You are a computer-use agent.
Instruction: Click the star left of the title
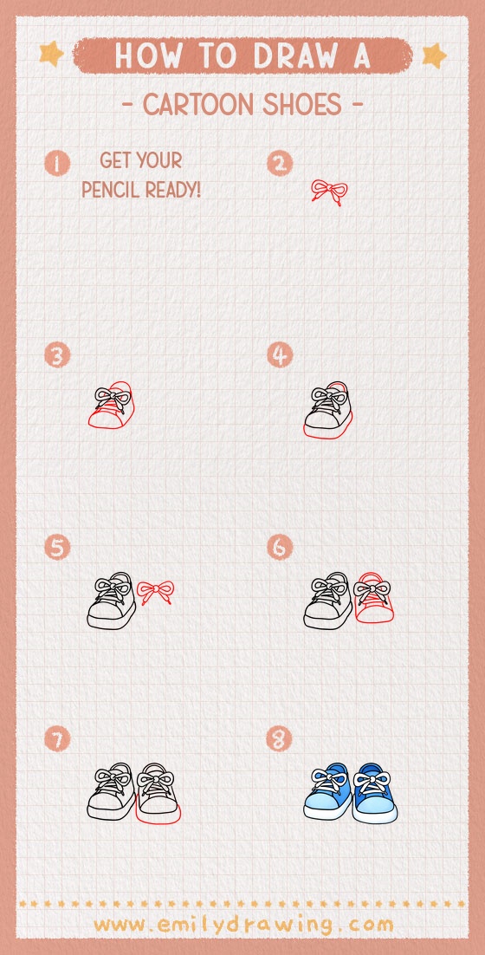click(52, 55)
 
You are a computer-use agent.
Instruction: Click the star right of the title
click(433, 55)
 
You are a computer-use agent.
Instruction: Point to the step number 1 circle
click(57, 163)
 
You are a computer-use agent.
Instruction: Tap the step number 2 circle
click(279, 163)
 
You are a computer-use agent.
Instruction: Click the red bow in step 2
click(329, 192)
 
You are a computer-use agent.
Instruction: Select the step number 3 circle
click(57, 355)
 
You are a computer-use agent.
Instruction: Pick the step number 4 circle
click(279, 355)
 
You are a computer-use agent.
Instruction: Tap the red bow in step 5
click(156, 593)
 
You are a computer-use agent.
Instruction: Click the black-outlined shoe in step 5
click(111, 601)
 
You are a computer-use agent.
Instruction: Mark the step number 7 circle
click(57, 739)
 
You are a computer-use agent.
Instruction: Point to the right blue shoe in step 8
click(375, 793)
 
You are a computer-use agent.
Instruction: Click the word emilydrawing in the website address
click(243, 925)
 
